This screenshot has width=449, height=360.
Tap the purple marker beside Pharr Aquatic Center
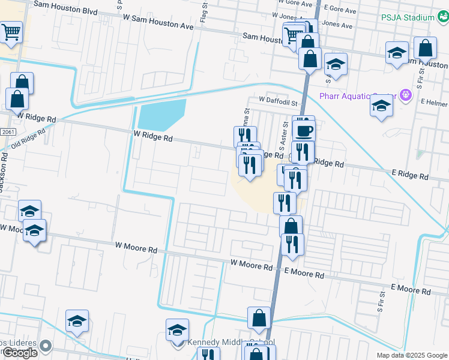click(x=406, y=94)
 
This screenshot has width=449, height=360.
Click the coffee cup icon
click(x=304, y=128)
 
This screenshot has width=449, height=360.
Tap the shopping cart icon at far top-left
click(x=11, y=33)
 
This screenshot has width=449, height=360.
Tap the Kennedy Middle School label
click(x=231, y=343)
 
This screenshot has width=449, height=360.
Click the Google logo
click(x=20, y=353)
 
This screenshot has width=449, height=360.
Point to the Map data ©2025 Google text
click(x=411, y=355)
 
